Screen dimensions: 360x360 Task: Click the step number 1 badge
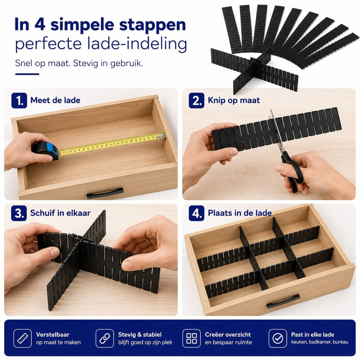coord(19,100)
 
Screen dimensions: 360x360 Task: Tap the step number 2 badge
coord(197,100)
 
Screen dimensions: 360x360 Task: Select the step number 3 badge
coord(19,213)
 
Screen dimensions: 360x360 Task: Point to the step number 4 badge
coord(197,213)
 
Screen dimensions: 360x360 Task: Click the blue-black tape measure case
coord(45,151)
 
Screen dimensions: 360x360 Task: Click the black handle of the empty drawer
coord(105,193)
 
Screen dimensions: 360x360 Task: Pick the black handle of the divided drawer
coord(283,301)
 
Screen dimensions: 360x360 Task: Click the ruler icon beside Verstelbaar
coord(22,338)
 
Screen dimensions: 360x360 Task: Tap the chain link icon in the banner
coord(105,338)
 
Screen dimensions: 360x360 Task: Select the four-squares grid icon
coord(192,338)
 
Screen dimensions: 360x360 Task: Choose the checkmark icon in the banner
coord(278,338)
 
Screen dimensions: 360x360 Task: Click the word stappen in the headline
coord(153,25)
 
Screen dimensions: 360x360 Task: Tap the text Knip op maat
coord(234,100)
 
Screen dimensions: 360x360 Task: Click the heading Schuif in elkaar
coord(60,213)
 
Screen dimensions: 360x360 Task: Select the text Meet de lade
coord(55,100)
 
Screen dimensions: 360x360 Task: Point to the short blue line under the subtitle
coord(27,74)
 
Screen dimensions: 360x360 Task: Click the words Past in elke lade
coord(313,335)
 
